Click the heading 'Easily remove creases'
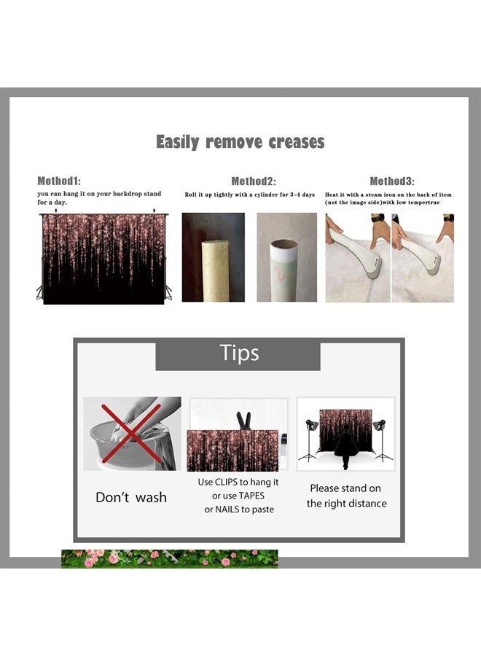[240, 142]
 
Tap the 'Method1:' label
[59, 181]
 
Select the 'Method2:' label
[254, 181]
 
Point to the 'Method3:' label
[392, 181]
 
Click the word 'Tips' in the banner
[239, 353]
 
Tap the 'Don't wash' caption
[131, 497]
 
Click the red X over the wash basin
[131, 433]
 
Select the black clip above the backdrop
[243, 421]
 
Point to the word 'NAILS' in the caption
[227, 509]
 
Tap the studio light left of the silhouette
[310, 440]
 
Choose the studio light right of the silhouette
[383, 440]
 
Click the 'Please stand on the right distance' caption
[346, 496]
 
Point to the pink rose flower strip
[169, 559]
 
